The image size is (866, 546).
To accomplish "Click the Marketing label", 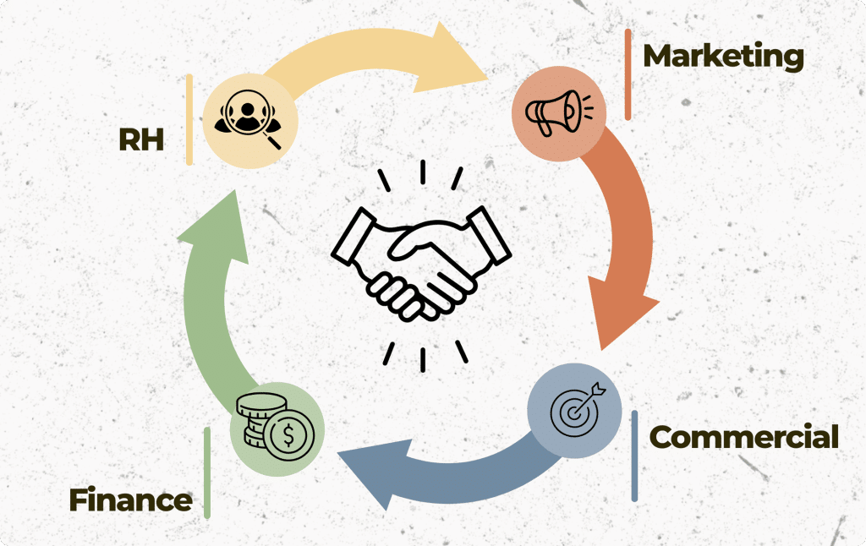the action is [x=724, y=57].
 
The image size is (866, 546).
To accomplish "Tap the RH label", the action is [x=141, y=139].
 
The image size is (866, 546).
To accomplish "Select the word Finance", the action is [x=131, y=500].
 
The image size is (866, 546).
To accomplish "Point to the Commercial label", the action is [x=744, y=437].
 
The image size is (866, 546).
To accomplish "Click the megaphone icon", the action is [x=558, y=112].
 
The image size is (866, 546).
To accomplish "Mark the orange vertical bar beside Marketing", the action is [x=628, y=74].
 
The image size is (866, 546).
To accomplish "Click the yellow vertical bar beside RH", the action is [x=189, y=119].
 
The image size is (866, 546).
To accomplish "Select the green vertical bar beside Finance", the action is [x=207, y=472].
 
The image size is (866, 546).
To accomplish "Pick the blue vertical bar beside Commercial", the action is [x=634, y=456].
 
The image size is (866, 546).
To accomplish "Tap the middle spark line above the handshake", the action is [x=423, y=172].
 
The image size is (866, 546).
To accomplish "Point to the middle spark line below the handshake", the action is [x=423, y=359].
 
